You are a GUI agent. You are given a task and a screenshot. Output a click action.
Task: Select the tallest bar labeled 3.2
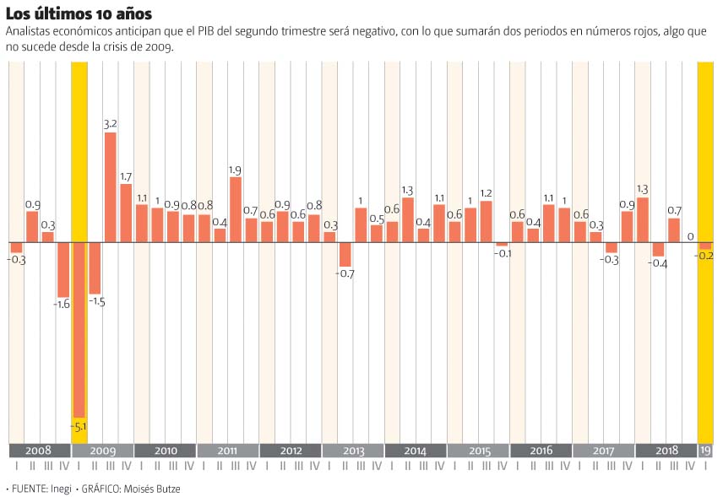coord(110,186)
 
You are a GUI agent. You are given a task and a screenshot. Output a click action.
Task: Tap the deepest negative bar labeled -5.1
coord(79,329)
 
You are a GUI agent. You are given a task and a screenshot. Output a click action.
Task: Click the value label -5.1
coord(79,427)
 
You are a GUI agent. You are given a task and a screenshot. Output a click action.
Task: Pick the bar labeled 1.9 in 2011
coord(236,209)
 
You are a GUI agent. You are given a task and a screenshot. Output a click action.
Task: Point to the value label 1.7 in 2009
coord(126,177)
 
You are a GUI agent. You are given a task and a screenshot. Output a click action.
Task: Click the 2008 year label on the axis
coord(39,451)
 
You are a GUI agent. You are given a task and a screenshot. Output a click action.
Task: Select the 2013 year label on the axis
coord(353,451)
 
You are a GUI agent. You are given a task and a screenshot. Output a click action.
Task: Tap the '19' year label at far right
coord(705,451)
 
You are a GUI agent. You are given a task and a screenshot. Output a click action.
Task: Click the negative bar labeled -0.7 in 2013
coord(345,254)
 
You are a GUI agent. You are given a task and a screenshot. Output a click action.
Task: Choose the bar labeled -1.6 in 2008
coord(63,268)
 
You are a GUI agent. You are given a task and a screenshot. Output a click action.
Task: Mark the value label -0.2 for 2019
coord(705,257)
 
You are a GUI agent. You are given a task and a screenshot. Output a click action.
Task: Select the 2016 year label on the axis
coord(541,451)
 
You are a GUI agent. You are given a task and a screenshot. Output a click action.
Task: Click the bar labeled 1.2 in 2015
coord(486,221)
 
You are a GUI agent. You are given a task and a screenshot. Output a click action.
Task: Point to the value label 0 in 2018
coord(690,237)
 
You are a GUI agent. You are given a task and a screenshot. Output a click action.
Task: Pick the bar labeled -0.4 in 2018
coord(658,249)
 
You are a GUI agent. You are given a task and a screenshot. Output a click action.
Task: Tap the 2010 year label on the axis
coord(166,451)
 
